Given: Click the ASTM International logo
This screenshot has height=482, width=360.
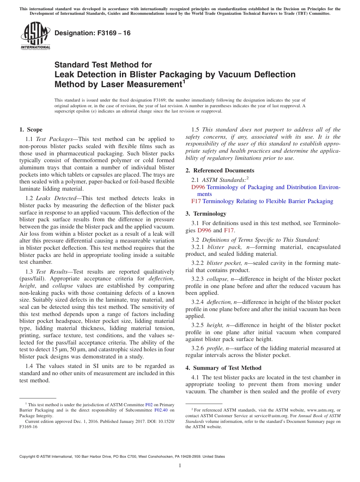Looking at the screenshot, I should (35, 36).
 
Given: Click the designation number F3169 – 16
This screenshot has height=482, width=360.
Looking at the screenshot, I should (92, 33).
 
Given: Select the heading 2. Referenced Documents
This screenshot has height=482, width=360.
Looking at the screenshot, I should (220, 171).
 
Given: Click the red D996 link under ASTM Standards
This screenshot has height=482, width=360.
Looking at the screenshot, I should (198, 187).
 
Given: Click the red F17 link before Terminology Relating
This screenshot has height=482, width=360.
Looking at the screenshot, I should (196, 201).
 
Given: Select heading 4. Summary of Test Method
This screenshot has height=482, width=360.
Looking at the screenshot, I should (223, 368).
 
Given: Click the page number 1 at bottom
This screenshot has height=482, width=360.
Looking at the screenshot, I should (180, 466).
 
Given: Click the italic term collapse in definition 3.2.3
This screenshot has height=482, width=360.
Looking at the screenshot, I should (216, 279).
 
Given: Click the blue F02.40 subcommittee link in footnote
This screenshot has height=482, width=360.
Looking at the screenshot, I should (161, 410).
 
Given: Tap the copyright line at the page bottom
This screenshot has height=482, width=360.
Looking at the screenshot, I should (122, 457).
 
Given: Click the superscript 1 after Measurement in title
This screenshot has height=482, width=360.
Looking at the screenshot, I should (184, 81).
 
